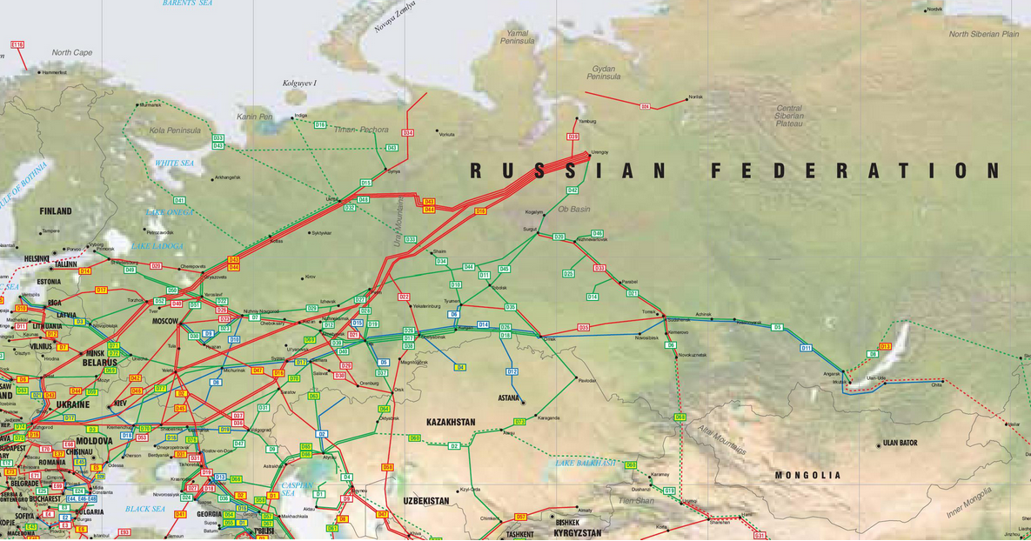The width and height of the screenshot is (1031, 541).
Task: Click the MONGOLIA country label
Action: click(x=808, y=475)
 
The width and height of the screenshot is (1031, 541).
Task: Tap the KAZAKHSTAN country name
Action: click(x=451, y=422)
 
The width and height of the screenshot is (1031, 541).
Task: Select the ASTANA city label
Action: click(x=507, y=398)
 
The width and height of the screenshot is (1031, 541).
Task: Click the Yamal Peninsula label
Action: click(x=517, y=37)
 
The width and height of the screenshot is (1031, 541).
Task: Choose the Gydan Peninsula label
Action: click(x=603, y=72)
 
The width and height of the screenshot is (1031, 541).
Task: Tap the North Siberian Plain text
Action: click(x=983, y=34)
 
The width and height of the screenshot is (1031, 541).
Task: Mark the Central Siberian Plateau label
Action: click(x=789, y=116)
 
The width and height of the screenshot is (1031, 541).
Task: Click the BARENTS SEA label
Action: click(x=187, y=3)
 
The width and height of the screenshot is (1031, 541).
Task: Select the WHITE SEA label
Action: click(x=175, y=163)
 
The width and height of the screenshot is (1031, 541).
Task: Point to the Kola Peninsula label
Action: click(x=175, y=130)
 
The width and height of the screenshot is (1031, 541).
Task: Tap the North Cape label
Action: click(x=71, y=52)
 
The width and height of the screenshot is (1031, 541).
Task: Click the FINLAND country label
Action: click(x=56, y=210)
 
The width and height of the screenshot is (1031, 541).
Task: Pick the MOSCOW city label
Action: click(x=164, y=321)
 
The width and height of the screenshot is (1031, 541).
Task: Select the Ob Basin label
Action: click(x=573, y=209)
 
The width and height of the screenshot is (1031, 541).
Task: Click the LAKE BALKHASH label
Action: click(x=585, y=463)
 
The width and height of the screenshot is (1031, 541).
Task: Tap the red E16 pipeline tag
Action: click(x=17, y=43)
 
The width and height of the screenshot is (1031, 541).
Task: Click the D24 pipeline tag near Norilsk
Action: click(x=645, y=106)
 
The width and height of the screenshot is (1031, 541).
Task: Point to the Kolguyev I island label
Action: click(x=300, y=83)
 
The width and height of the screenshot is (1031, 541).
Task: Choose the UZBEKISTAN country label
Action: click(x=425, y=501)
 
